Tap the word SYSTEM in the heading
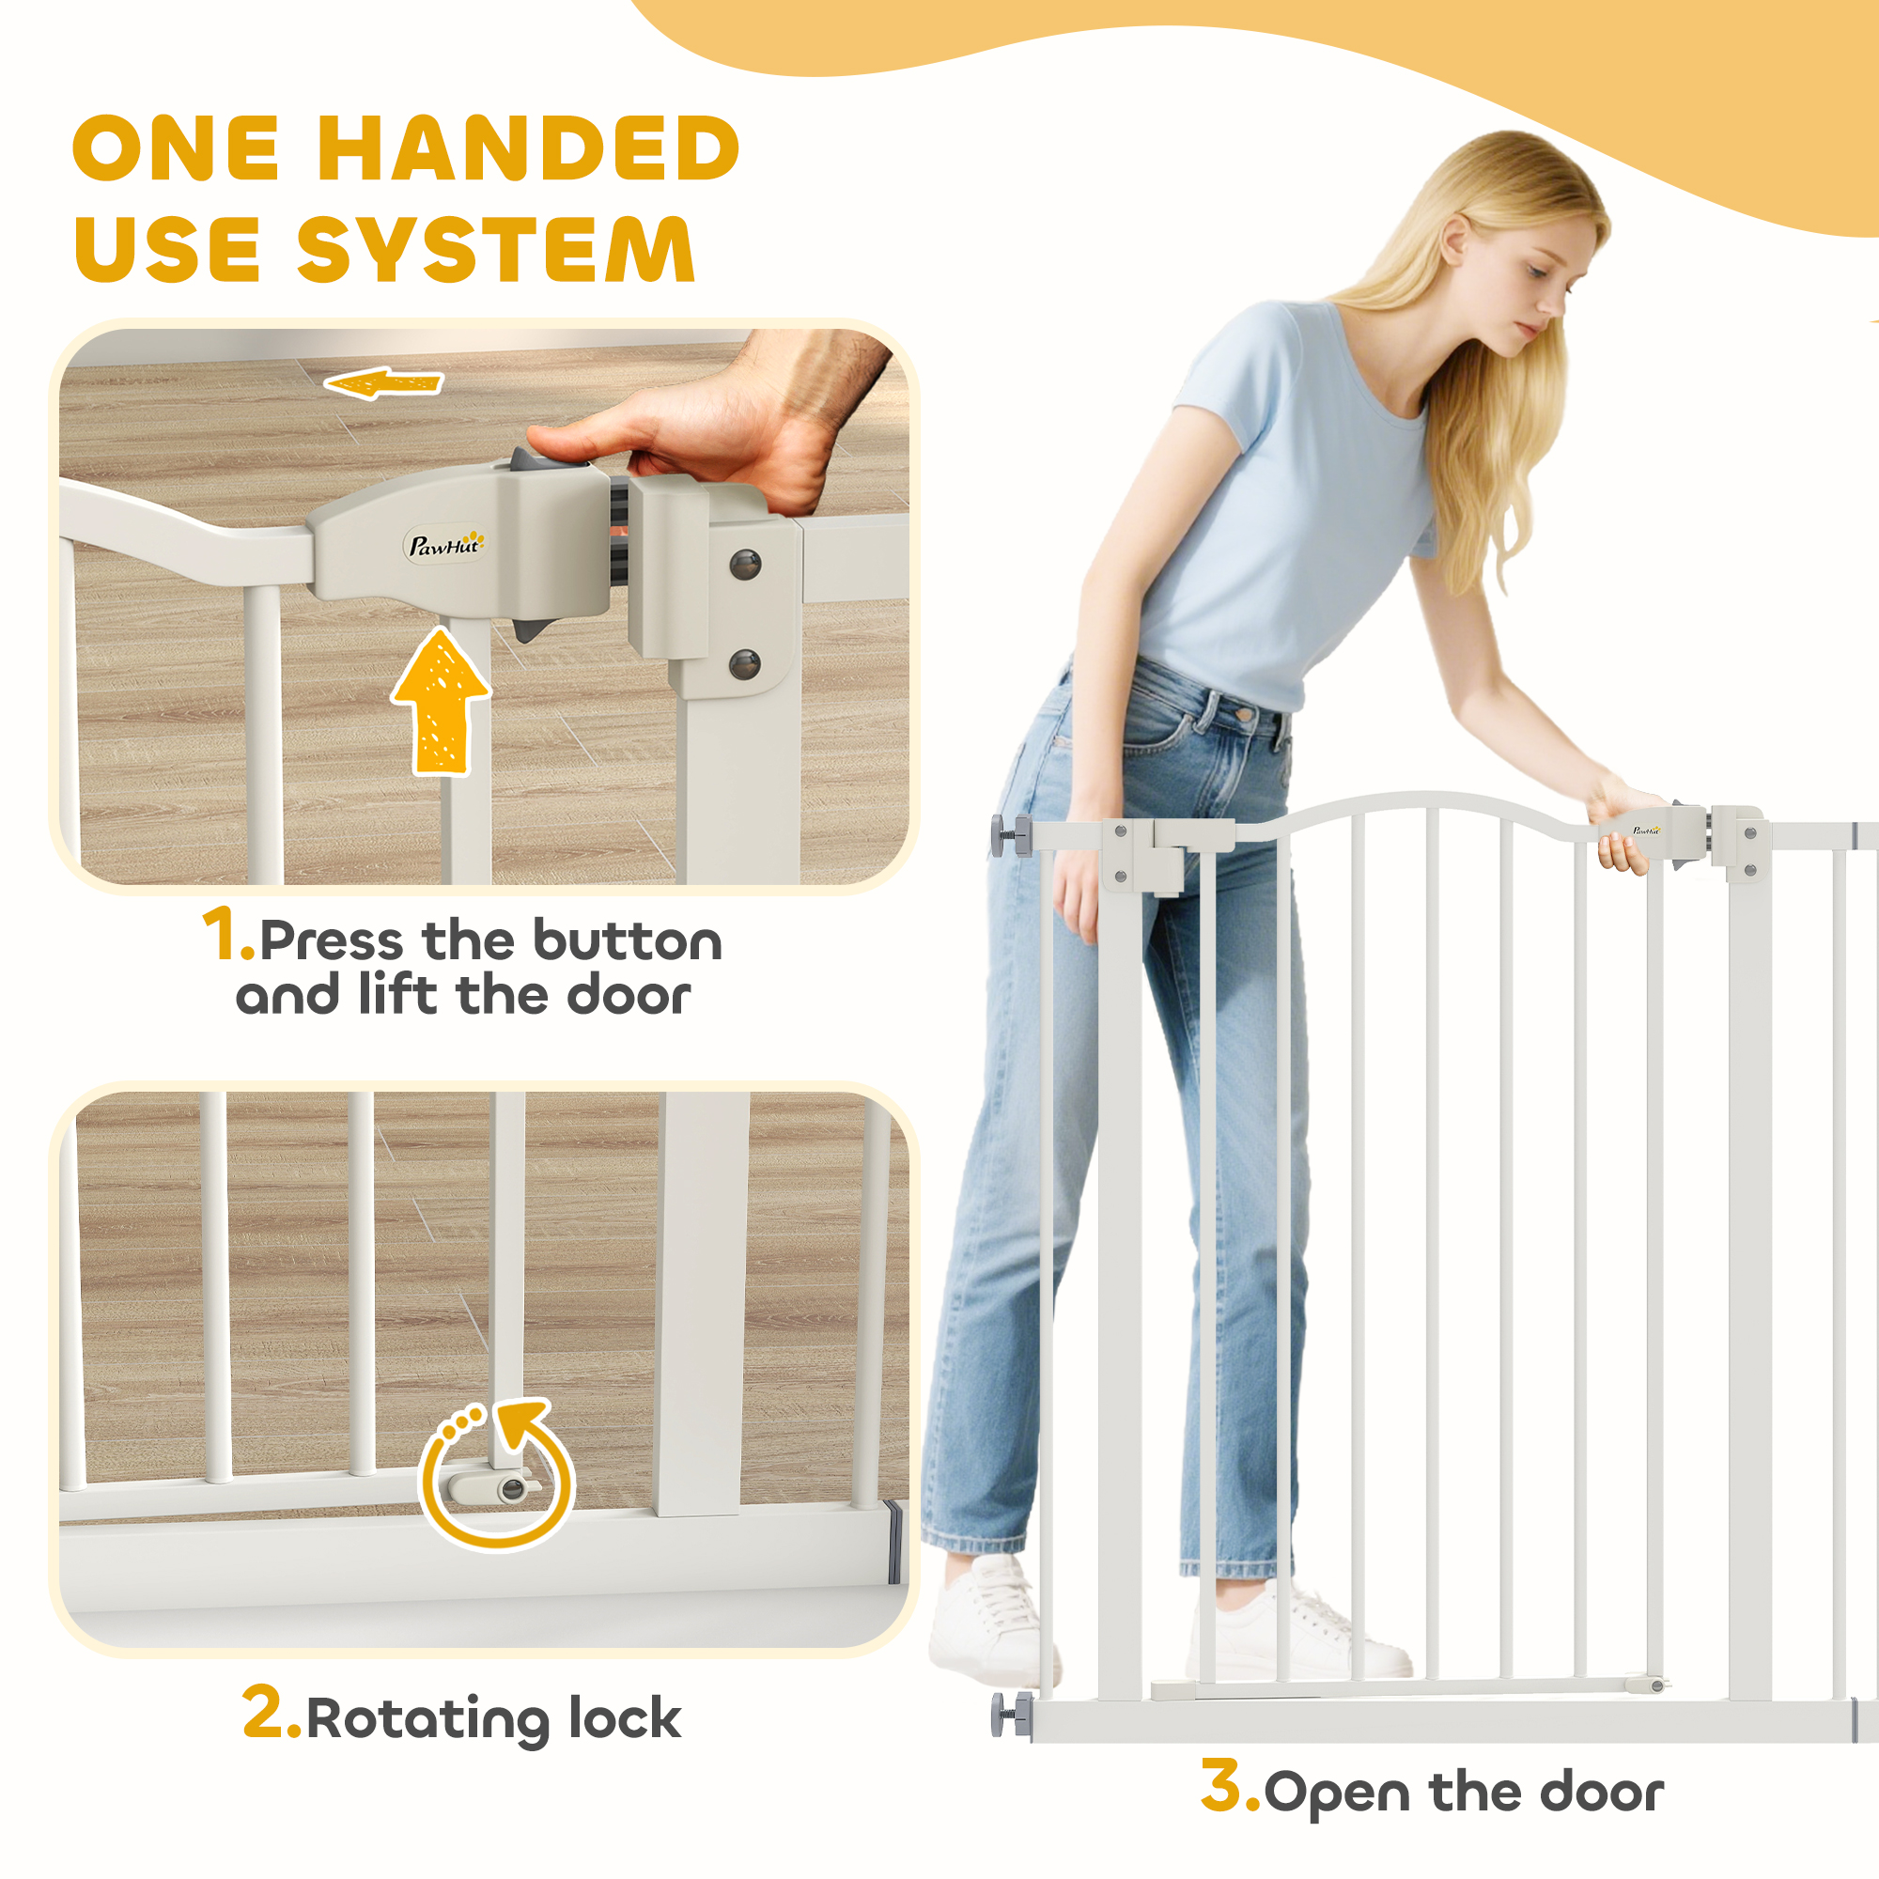[496, 249]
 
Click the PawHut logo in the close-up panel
[445, 545]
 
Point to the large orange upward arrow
[441, 700]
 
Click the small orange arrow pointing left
[383, 384]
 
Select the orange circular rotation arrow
[497, 1472]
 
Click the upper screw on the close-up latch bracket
[745, 563]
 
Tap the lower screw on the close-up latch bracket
[745, 665]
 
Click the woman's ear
[1456, 241]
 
